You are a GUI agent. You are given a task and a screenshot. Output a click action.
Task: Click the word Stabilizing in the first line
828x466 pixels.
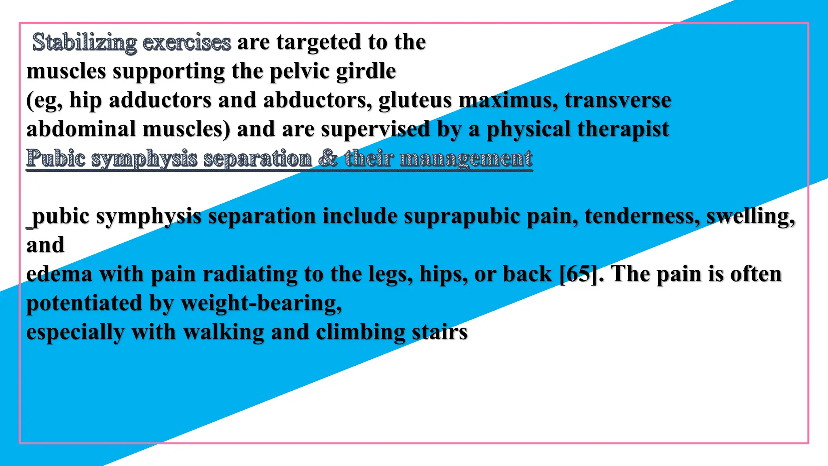click(x=84, y=42)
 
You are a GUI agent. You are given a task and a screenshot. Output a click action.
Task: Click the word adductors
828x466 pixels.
click(x=160, y=100)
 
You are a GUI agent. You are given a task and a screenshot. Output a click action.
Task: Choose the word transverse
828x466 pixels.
click(x=618, y=100)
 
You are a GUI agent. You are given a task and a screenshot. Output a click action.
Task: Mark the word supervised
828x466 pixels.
click(x=376, y=129)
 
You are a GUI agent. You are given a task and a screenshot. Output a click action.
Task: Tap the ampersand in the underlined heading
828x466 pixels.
click(x=328, y=158)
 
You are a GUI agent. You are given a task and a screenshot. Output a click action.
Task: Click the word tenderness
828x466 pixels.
click(x=642, y=216)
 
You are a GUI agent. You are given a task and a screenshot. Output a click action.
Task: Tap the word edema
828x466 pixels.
click(x=59, y=274)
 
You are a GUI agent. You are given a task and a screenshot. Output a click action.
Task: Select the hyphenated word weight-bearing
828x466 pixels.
click(x=261, y=303)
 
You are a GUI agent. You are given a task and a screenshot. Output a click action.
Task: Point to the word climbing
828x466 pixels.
click(x=360, y=333)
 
